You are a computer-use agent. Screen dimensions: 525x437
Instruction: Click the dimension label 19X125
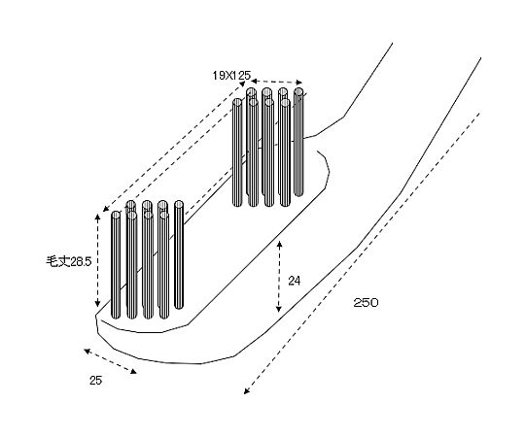point(231,76)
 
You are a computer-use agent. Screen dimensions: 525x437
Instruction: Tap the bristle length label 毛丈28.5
point(69,261)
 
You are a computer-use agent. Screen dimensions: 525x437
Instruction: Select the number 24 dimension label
point(295,282)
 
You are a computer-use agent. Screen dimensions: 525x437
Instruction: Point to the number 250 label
point(366,303)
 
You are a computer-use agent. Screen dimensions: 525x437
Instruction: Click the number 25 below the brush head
point(95,380)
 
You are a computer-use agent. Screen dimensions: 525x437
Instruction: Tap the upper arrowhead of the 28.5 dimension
point(97,217)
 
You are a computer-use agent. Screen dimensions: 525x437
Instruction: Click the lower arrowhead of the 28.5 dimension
point(97,304)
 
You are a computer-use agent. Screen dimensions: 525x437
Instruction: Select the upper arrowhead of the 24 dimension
point(279,244)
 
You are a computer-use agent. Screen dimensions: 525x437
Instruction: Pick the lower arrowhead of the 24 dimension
point(279,309)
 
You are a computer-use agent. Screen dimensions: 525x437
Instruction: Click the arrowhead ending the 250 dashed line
point(247,390)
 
